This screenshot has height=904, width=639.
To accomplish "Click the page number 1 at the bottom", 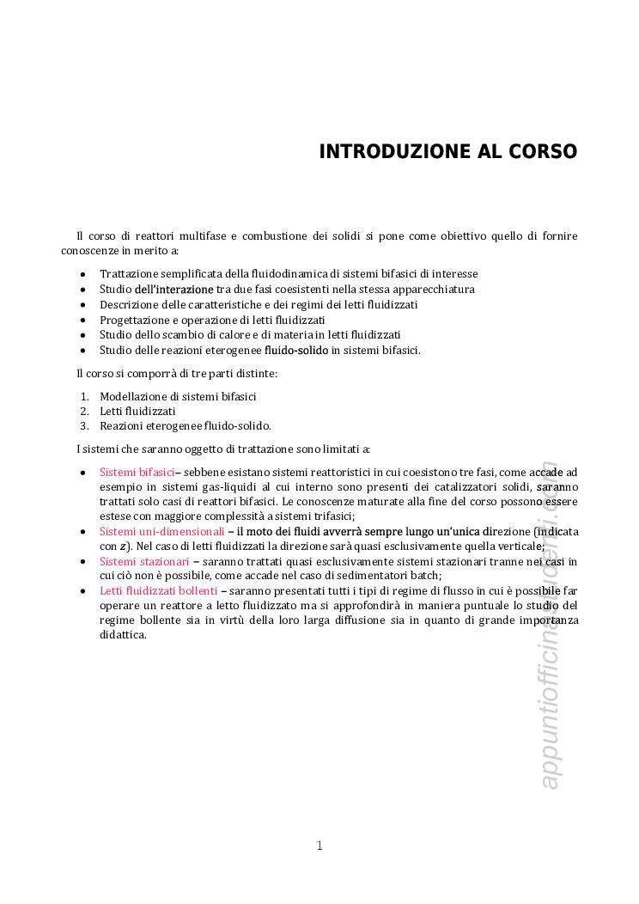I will (319, 846).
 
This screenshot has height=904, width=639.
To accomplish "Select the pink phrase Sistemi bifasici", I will (137, 472).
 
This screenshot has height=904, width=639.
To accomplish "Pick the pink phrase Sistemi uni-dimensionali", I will (161, 532).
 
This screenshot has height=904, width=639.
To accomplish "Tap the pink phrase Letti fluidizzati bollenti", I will (158, 591).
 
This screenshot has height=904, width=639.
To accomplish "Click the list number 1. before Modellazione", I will (85, 397).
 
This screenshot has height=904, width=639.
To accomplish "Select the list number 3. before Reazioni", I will (85, 426).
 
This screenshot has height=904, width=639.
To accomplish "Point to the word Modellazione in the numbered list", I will (135, 397).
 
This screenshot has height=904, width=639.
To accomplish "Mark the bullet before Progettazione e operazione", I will (82, 320).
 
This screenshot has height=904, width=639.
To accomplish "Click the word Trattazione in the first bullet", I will (129, 274).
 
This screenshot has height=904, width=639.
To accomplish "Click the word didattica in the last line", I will (123, 635).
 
